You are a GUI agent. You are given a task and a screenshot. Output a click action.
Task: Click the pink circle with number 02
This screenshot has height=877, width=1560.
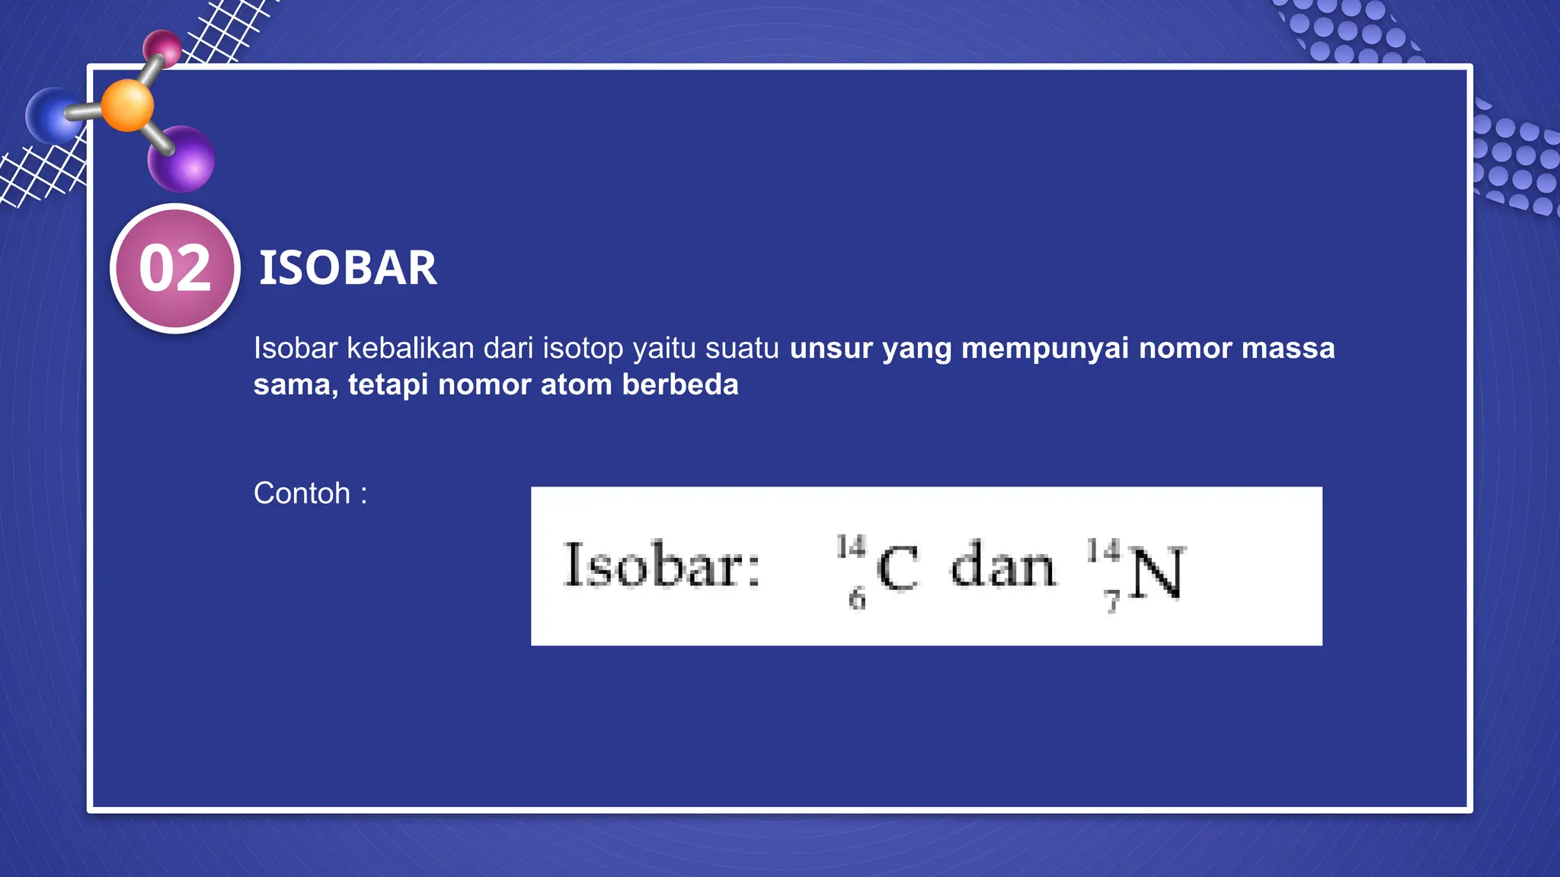(175, 269)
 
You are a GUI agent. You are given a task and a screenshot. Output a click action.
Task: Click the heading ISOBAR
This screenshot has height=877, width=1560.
(348, 268)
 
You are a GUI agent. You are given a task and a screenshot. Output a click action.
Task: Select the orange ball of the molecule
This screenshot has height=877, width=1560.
(127, 105)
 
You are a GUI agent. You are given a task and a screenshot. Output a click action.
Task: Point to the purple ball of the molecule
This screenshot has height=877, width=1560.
(182, 159)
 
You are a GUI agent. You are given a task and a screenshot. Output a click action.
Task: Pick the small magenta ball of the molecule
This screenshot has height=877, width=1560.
(162, 48)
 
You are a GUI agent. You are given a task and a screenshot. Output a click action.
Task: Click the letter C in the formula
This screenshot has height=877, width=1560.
(897, 569)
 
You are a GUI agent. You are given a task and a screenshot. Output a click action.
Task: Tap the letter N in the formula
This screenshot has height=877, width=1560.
(1156, 572)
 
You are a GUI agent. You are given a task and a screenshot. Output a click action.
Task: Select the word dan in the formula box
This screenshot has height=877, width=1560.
(1003, 565)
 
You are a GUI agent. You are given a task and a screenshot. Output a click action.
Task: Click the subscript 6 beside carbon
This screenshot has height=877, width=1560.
(857, 599)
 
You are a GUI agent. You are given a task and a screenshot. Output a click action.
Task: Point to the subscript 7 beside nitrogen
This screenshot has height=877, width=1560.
(1112, 601)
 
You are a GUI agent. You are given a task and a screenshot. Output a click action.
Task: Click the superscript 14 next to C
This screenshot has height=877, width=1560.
(851, 547)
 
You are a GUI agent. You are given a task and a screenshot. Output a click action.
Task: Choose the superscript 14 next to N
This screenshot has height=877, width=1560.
(1103, 550)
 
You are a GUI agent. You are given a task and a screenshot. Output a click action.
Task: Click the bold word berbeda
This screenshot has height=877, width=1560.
(680, 384)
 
